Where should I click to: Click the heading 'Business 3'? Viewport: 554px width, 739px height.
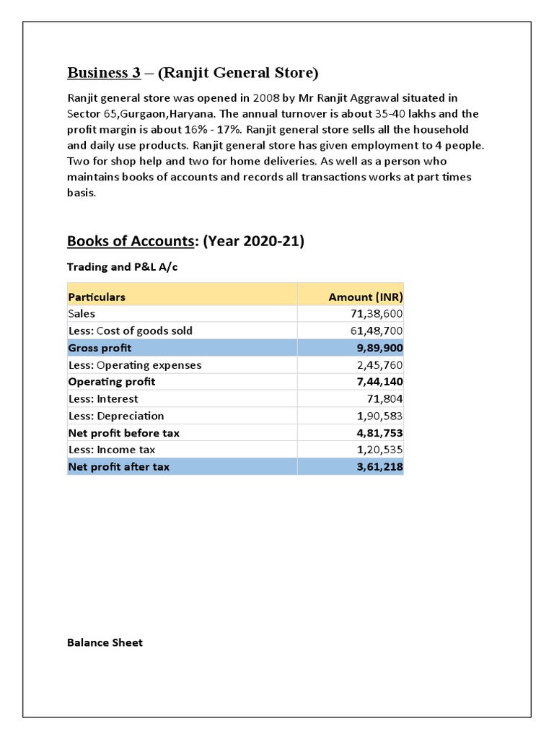(x=103, y=73)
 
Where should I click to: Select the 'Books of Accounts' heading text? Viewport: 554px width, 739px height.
(x=130, y=241)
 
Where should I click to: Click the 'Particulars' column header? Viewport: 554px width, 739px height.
(x=96, y=297)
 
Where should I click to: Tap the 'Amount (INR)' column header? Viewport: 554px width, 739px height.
(x=365, y=297)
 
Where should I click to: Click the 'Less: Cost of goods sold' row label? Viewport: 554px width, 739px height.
(x=130, y=331)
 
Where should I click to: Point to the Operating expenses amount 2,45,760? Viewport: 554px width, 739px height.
(x=377, y=365)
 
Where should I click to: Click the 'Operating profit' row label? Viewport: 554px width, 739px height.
(x=111, y=382)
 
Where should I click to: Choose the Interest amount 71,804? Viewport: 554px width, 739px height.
(x=384, y=398)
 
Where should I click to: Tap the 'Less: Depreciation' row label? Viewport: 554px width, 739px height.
(x=115, y=416)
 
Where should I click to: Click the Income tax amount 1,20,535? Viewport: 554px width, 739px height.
(x=377, y=450)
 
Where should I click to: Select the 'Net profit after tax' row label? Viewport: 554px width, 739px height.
(x=118, y=467)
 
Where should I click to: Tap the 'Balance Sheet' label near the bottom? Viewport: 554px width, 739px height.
(x=105, y=642)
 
